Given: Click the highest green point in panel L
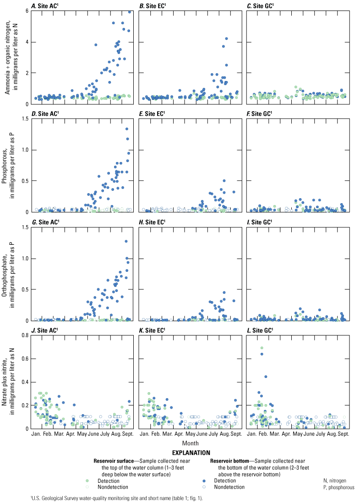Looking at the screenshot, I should pos(262,348).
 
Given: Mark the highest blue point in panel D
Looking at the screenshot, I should pos(127,129).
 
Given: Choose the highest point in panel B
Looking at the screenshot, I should pos(226,39).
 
